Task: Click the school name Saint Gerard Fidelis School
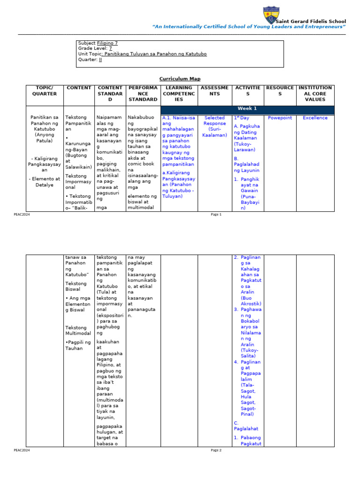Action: click(311, 22)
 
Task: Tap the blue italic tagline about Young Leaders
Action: click(249, 27)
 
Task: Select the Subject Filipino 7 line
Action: click(98, 43)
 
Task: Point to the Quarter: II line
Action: click(90, 60)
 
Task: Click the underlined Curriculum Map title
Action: click(180, 79)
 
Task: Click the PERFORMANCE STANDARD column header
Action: click(142, 93)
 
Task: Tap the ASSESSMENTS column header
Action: click(215, 90)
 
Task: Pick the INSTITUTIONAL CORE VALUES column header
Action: click(315, 93)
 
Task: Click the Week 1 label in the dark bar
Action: click(247, 109)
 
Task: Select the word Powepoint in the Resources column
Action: click(280, 118)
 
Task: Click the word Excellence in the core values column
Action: click(315, 118)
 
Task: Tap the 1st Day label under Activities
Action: click(241, 118)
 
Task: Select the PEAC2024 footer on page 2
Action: click(22, 450)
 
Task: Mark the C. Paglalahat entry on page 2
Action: click(246, 426)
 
